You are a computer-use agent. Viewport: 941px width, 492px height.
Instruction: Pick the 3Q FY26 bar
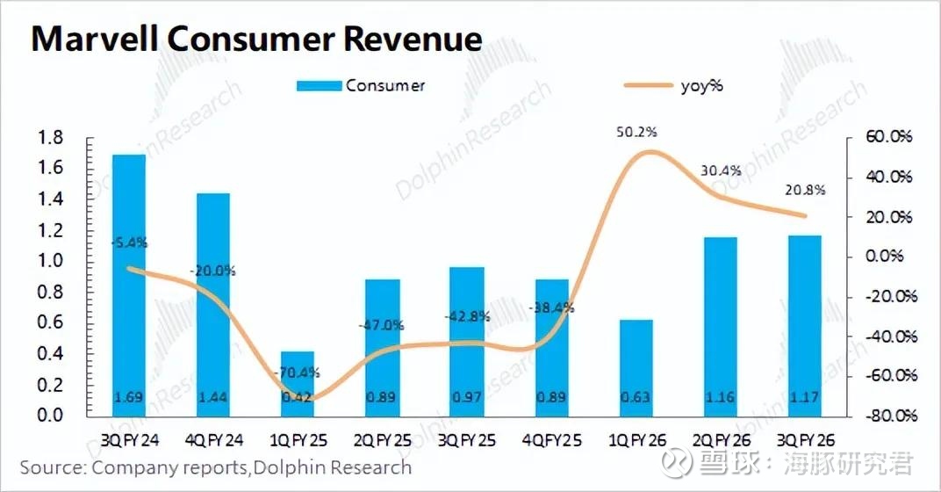click(804, 325)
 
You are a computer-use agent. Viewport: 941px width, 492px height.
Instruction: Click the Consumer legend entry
click(361, 85)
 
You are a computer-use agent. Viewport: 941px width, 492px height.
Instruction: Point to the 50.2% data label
click(637, 132)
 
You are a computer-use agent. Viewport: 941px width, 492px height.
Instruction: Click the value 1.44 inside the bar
click(213, 398)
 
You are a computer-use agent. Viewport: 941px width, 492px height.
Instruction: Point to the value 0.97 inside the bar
click(466, 398)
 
